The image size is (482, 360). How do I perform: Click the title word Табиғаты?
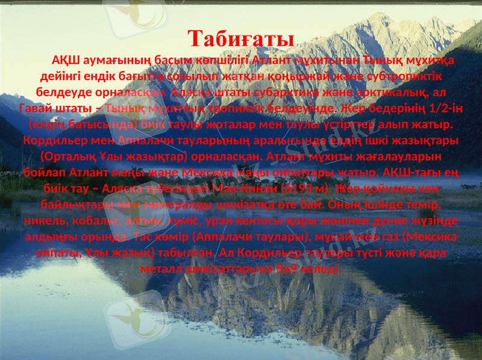click(x=240, y=38)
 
